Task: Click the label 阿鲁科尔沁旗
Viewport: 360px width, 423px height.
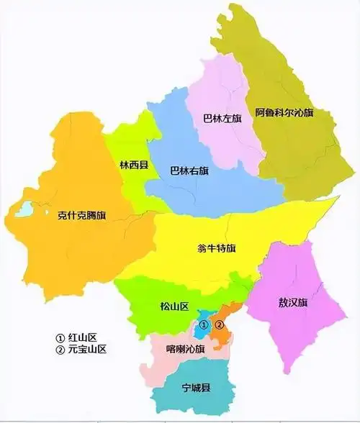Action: click(x=285, y=113)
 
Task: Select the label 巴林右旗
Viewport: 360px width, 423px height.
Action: click(x=189, y=171)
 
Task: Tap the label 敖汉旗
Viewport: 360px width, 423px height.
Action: click(x=292, y=302)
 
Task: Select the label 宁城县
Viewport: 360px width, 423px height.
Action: click(x=195, y=388)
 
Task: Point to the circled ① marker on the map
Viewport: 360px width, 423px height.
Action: click(x=204, y=325)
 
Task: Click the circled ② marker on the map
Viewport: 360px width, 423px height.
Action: click(x=221, y=325)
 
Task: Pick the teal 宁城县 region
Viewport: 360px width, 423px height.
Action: click(x=191, y=399)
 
